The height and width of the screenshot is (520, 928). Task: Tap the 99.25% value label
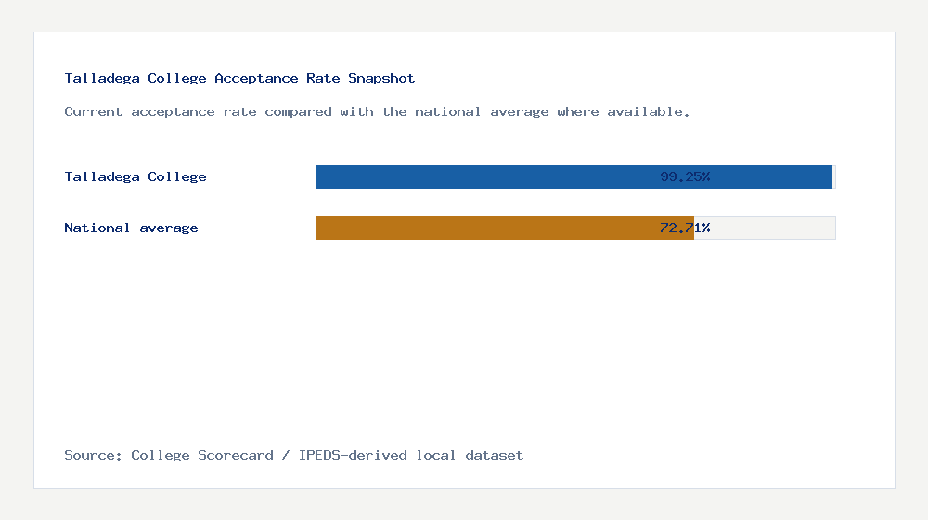click(685, 176)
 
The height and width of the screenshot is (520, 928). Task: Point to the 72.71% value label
click(685, 227)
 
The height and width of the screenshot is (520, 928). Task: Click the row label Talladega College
click(135, 176)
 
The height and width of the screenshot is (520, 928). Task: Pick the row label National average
click(131, 227)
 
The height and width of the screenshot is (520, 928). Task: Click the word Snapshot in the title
click(381, 79)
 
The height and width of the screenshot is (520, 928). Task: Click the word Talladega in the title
click(102, 79)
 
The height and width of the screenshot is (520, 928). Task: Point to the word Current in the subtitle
click(94, 112)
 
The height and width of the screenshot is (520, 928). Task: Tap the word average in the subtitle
click(520, 112)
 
